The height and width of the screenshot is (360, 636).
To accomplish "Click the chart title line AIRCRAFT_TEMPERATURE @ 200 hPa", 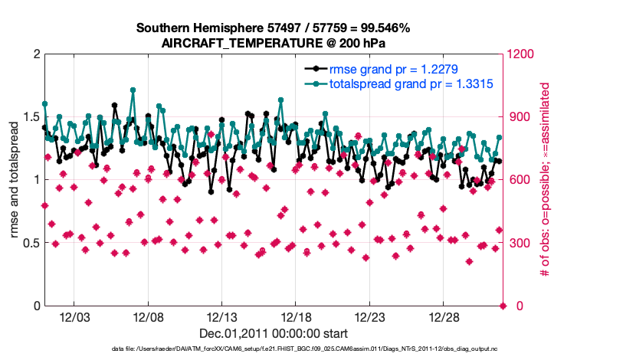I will [273, 43].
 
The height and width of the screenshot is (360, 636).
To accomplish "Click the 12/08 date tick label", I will [149, 317].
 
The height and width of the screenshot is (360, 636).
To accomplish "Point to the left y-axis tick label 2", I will [35, 54].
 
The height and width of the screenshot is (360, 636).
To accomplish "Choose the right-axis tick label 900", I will [517, 117].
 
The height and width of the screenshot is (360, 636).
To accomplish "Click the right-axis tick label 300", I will [517, 243].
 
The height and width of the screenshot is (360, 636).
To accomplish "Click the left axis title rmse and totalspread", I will [14, 180].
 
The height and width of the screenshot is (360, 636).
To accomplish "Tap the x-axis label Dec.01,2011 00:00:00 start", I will [274, 333].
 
